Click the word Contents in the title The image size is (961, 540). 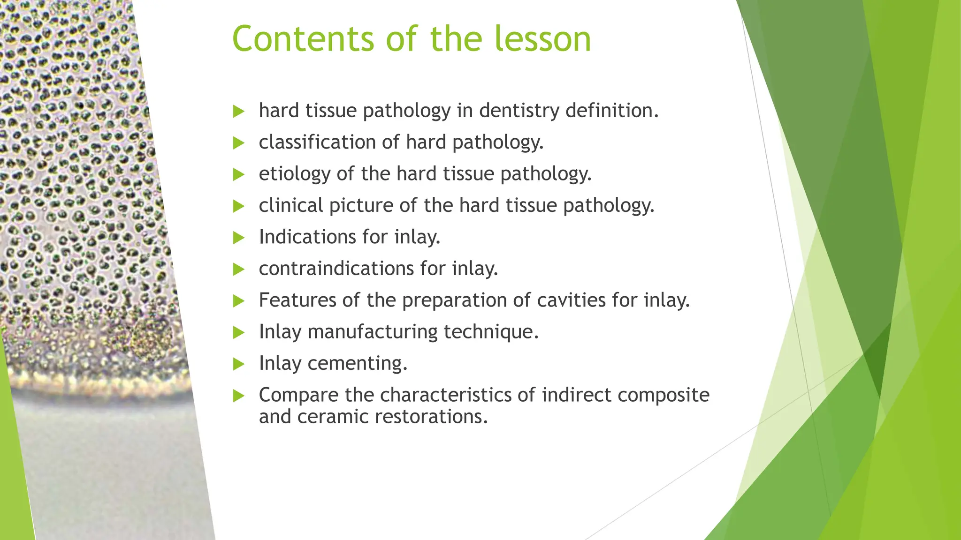click(303, 39)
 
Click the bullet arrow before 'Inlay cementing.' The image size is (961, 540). click(239, 364)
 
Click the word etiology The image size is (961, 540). click(294, 174)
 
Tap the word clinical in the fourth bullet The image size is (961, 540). click(291, 206)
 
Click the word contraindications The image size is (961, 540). click(336, 269)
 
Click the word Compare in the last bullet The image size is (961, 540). click(298, 395)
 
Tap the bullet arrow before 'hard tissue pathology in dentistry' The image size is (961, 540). click(239, 112)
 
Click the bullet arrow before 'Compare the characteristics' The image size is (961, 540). click(239, 396)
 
